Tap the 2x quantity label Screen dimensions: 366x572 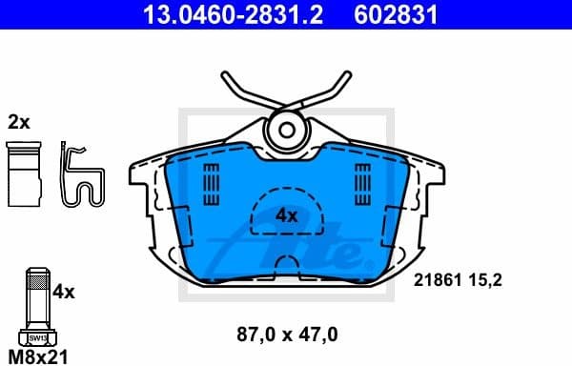point(18,122)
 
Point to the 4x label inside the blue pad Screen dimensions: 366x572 point(286,216)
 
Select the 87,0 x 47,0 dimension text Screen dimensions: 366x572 point(286,335)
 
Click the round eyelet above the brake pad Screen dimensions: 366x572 point(285,129)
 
